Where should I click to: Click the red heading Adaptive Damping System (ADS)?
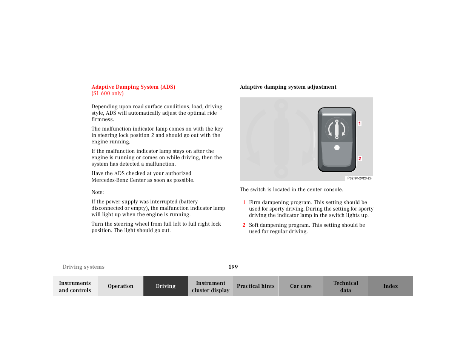coord(133,87)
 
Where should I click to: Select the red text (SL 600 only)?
coord(108,94)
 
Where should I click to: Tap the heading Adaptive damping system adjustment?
coord(288,87)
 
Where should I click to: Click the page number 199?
coord(233,267)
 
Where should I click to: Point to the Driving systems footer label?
coord(83,267)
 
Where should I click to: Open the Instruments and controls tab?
coord(75,286)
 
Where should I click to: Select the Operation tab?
coord(120,286)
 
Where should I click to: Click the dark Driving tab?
coord(166,286)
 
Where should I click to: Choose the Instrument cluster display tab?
coord(211,286)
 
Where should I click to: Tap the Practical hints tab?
coord(255,286)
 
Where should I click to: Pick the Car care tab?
coord(301,286)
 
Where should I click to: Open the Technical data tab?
coord(346,286)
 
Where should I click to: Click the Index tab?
coord(391,286)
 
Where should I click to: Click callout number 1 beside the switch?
coord(360,123)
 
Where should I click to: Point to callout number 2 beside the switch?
coord(360,158)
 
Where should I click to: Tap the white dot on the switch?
coord(337,148)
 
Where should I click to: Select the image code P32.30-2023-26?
coord(359,178)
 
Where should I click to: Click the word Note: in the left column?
coord(98,192)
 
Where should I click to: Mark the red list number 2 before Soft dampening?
coord(244,225)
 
